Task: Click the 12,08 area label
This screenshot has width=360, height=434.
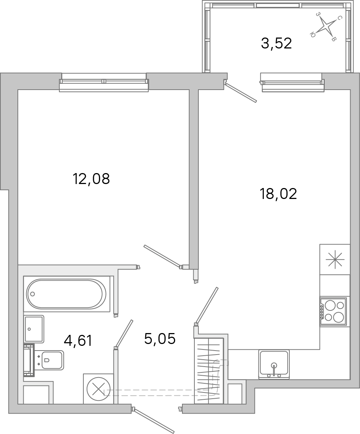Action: coord(91,179)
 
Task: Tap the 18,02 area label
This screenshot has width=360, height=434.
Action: coord(278,194)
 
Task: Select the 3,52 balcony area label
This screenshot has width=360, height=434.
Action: coord(276,43)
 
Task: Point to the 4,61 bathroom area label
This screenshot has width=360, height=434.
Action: coord(78,340)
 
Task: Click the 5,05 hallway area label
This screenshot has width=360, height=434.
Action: coord(160,339)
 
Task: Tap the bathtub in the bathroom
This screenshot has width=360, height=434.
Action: coord(66,293)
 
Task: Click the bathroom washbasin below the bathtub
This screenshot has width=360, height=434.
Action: coord(34,329)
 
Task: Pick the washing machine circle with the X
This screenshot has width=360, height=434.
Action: coord(98,389)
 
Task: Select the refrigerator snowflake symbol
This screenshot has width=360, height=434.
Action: coord(335,259)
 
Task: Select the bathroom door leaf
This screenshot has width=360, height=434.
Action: coord(124,333)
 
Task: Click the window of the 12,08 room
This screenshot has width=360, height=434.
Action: coord(104,81)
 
